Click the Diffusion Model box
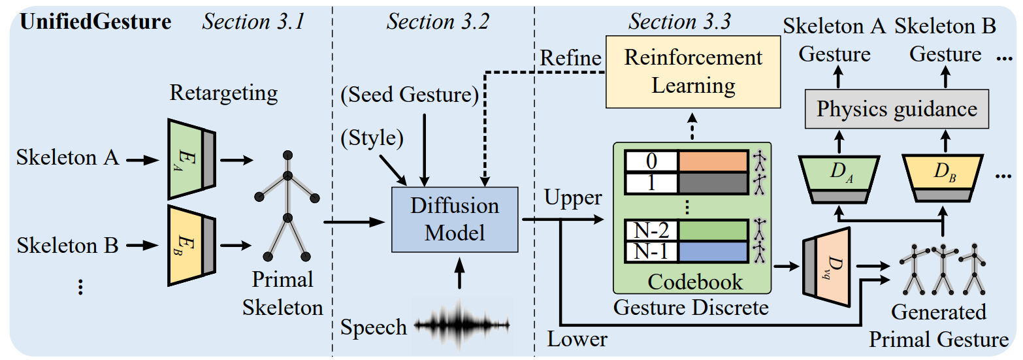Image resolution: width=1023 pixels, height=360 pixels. point(455,220)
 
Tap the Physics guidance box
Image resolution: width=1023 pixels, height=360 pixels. point(897,108)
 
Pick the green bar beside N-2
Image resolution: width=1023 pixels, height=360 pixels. point(712,231)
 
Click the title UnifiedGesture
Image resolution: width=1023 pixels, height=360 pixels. point(96,23)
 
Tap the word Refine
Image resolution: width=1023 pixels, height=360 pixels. point(570,58)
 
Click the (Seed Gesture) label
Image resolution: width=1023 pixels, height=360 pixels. point(410,95)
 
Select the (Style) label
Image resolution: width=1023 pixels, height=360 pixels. point(371,138)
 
